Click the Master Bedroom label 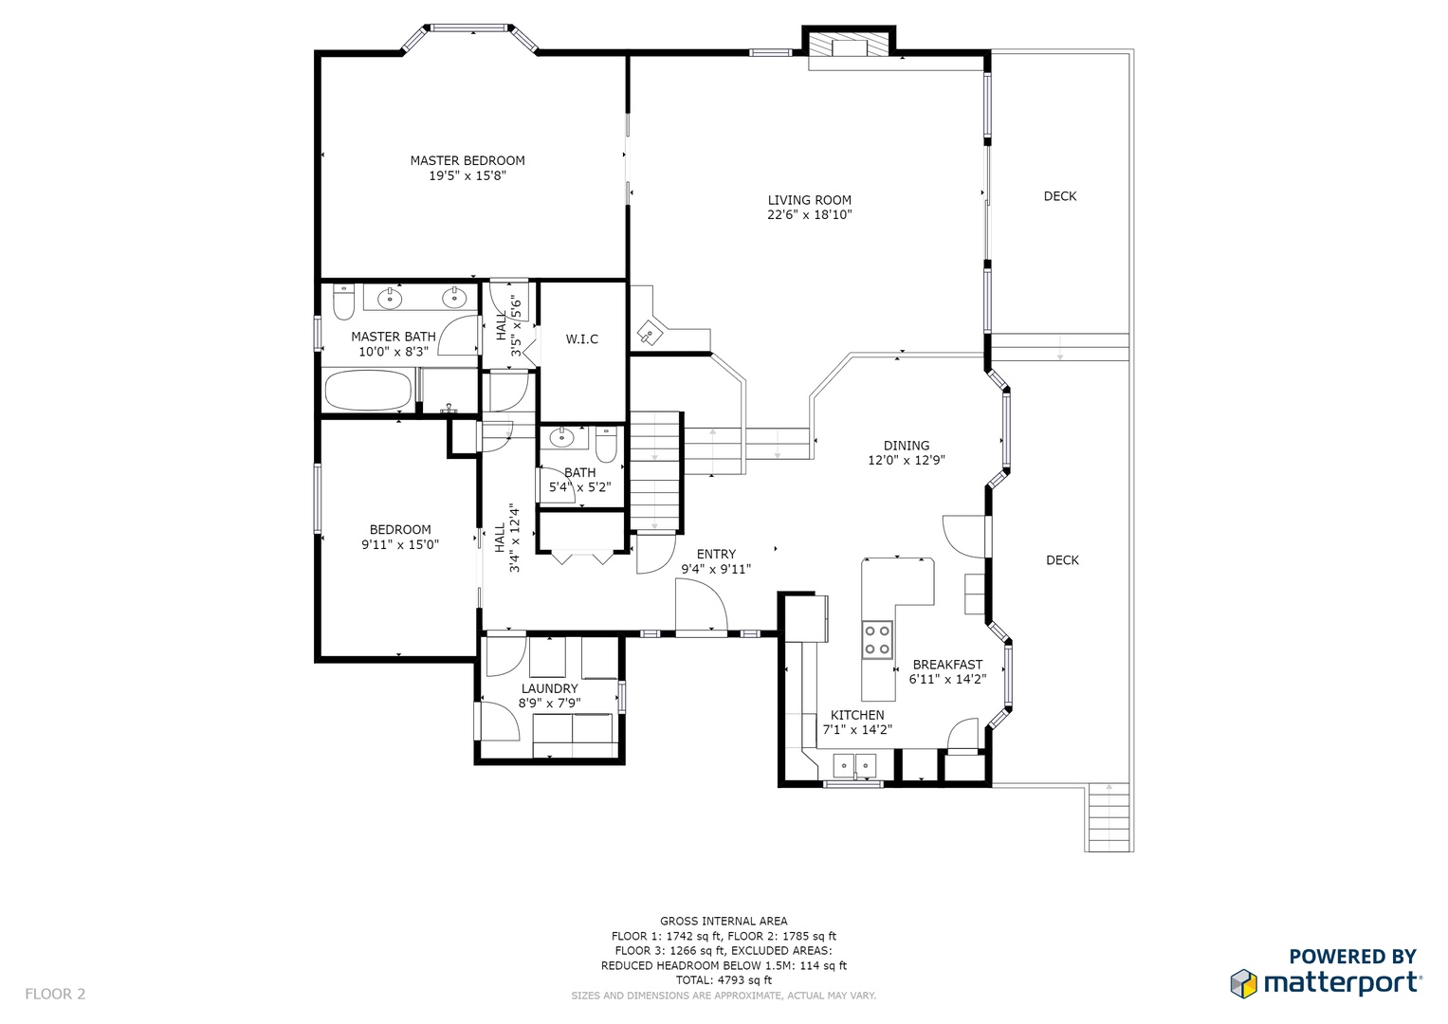(x=467, y=160)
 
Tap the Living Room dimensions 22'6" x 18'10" (x=809, y=215)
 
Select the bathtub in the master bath (x=368, y=391)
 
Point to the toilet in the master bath (x=343, y=302)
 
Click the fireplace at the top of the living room (x=849, y=46)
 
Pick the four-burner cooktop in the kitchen (x=877, y=639)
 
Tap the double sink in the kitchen (x=854, y=765)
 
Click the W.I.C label (x=582, y=338)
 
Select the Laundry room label (x=549, y=688)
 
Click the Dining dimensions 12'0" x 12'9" (x=907, y=460)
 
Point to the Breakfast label (x=947, y=665)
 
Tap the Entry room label (x=716, y=554)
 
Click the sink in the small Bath (x=561, y=438)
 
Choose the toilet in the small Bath (x=606, y=445)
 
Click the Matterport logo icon (x=1243, y=983)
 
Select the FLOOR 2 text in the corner (x=55, y=995)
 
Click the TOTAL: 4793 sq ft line (x=724, y=980)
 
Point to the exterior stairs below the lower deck (x=1109, y=817)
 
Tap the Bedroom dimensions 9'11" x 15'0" (x=400, y=544)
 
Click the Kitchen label (x=857, y=715)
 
